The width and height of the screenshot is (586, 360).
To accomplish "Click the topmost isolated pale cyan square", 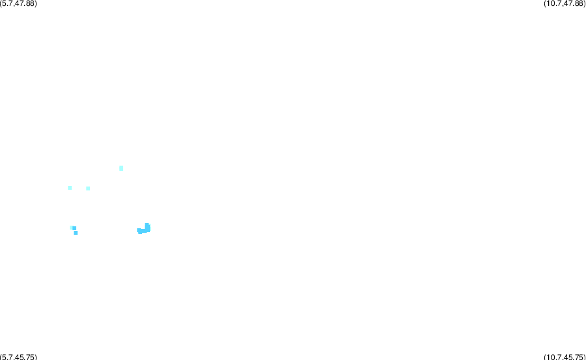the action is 121,168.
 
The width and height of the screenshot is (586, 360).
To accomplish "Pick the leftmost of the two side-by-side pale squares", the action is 70,188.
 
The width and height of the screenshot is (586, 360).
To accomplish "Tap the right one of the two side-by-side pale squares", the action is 88,188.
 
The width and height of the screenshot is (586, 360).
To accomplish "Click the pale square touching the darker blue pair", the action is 71,228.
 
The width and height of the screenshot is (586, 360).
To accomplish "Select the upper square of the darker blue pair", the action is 74,228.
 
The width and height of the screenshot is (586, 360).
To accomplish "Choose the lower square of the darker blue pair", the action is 76,233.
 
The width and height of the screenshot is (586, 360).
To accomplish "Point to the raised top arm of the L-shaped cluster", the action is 147,226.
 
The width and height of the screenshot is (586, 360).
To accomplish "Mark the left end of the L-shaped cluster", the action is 138,230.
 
